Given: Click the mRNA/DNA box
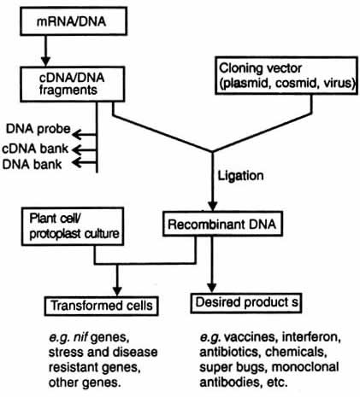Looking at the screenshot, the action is [x=74, y=21].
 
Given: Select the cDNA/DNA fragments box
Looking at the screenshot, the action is [x=73, y=84].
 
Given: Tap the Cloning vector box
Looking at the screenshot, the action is [x=286, y=75].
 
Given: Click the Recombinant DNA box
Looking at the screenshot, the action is [x=222, y=224].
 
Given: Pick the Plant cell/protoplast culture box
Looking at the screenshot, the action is [x=73, y=226].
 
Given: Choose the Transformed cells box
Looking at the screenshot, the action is [x=102, y=306].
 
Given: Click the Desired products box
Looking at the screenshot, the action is [x=246, y=303].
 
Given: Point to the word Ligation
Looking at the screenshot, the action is [x=240, y=175].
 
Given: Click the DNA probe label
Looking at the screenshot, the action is [x=38, y=129].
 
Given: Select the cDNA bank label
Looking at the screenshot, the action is [x=35, y=149].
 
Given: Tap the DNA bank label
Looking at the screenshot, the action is [x=32, y=165].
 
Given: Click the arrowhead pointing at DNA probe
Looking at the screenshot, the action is [x=77, y=134].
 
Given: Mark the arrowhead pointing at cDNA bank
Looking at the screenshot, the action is [x=77, y=149].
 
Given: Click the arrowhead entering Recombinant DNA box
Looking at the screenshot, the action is [x=212, y=206].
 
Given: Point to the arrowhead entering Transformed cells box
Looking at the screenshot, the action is [x=117, y=291].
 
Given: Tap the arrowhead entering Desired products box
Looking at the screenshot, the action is [x=211, y=288].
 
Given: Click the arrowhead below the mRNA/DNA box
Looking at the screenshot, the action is [x=45, y=61].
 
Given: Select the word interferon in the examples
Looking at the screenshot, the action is [x=311, y=337].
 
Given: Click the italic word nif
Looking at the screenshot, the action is [x=81, y=337].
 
